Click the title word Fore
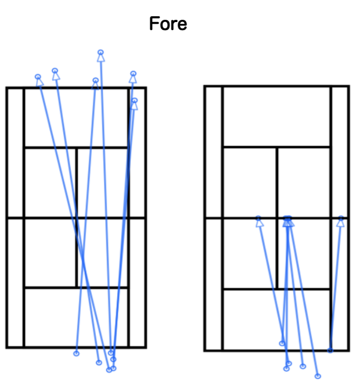(168, 24)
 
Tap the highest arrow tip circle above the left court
(100, 52)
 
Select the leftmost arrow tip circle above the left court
(38, 77)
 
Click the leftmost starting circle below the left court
(77, 354)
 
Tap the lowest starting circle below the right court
(318, 376)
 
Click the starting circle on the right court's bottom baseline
(330, 350)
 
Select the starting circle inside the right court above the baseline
(282, 343)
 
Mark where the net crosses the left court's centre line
(77, 218)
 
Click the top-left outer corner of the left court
(7, 88)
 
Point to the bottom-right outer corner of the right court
(349, 350)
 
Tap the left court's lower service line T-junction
(77, 288)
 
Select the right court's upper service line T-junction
(277, 148)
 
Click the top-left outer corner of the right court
(205, 87)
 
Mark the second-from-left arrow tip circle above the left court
(55, 71)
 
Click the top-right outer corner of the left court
(146, 88)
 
